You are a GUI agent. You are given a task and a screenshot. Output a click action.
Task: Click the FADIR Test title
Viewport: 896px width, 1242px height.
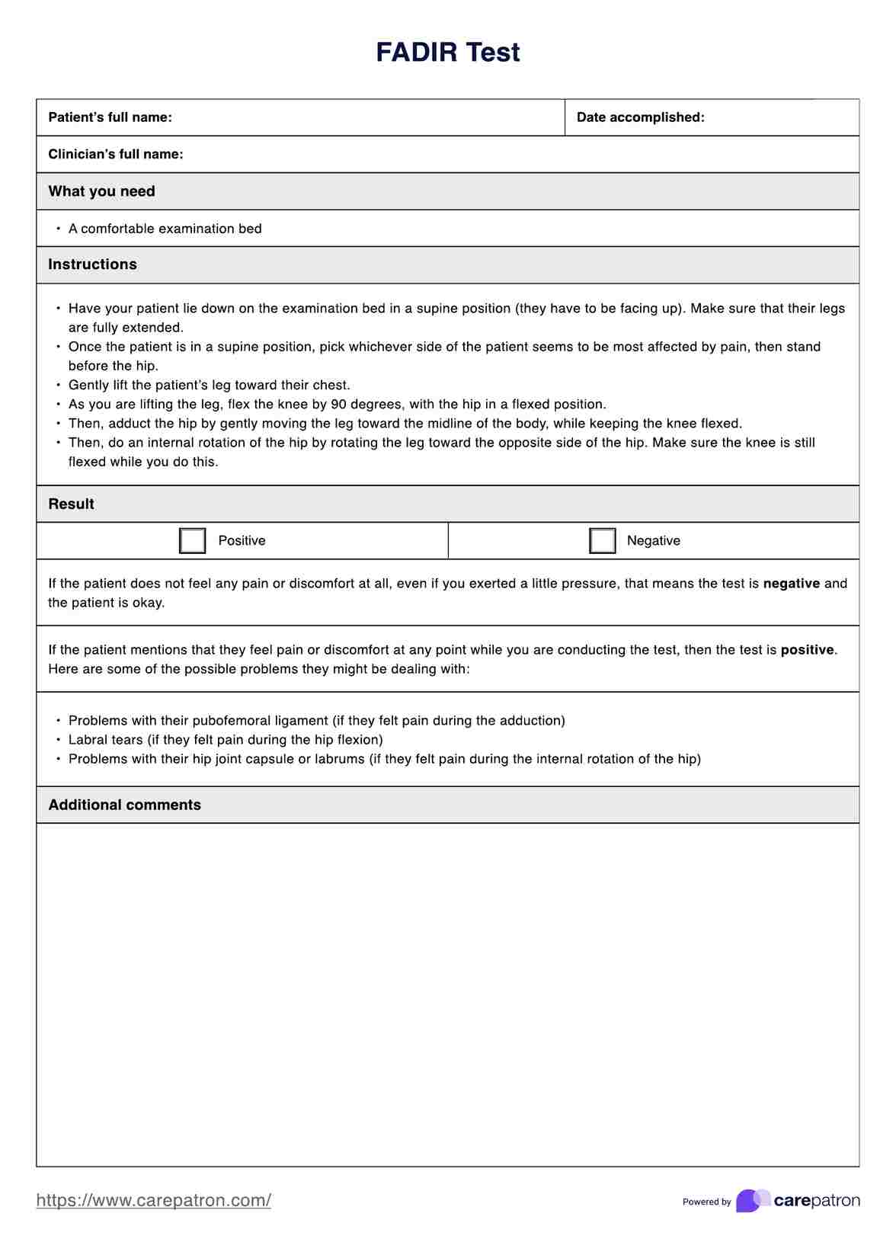(x=448, y=52)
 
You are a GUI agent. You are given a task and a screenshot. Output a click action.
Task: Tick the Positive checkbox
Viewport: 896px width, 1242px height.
(x=192, y=541)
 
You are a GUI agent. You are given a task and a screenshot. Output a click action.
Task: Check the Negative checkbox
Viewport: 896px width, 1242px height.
(x=602, y=541)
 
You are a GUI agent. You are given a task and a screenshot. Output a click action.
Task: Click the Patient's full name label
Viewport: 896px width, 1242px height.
(x=110, y=117)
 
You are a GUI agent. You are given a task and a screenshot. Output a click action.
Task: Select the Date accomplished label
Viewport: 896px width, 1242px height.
(x=640, y=117)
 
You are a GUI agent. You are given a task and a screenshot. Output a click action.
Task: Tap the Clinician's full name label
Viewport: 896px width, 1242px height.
(x=115, y=154)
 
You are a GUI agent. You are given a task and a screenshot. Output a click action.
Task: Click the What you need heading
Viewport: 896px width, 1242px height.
(x=101, y=191)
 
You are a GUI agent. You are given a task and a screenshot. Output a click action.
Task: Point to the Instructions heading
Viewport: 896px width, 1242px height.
(x=92, y=264)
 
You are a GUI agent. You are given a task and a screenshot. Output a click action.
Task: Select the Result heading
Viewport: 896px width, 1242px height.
(x=71, y=504)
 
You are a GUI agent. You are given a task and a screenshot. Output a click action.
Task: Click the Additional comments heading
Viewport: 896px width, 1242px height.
(x=124, y=805)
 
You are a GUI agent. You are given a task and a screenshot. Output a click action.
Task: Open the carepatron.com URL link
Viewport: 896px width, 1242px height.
(x=153, y=1200)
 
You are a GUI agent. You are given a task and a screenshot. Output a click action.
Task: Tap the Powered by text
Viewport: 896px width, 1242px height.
(x=706, y=1202)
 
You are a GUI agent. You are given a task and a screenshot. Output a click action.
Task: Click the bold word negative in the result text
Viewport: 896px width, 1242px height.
(x=791, y=584)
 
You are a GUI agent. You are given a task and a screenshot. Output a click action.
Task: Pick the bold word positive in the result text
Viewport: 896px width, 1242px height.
(x=807, y=650)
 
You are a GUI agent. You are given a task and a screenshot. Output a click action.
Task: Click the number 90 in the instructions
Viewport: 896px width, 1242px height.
(x=338, y=405)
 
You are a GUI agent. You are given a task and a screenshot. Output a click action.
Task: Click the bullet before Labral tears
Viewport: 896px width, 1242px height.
(x=58, y=740)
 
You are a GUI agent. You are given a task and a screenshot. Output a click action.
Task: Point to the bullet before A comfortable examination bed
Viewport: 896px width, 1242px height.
(x=58, y=229)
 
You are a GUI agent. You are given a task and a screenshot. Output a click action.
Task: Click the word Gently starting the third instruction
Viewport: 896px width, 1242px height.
(x=88, y=386)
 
